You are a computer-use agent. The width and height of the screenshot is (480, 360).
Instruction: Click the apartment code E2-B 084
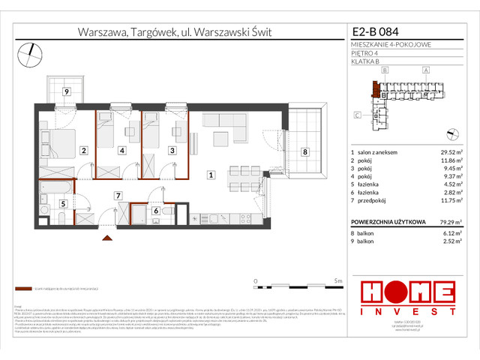pyautogui.click(x=376, y=32)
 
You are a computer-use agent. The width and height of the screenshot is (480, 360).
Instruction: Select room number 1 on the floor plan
pyautogui.click(x=212, y=175)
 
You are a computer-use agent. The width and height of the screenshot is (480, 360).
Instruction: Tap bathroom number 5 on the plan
pyautogui.click(x=64, y=202)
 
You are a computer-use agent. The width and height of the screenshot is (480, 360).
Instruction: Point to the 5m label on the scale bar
pyautogui.click(x=338, y=280)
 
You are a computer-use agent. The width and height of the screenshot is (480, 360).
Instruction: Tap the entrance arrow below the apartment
pyautogui.click(x=107, y=238)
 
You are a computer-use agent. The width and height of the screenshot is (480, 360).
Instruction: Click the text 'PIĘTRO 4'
pyautogui.click(x=364, y=52)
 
